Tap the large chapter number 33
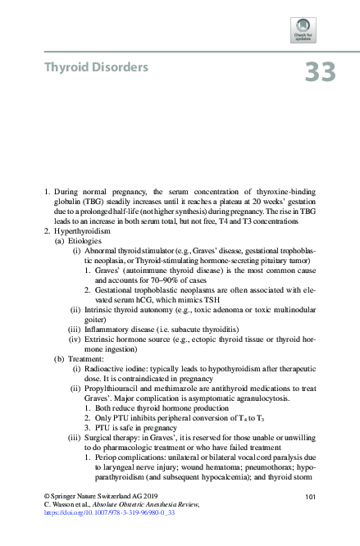pyautogui.click(x=320, y=72)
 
